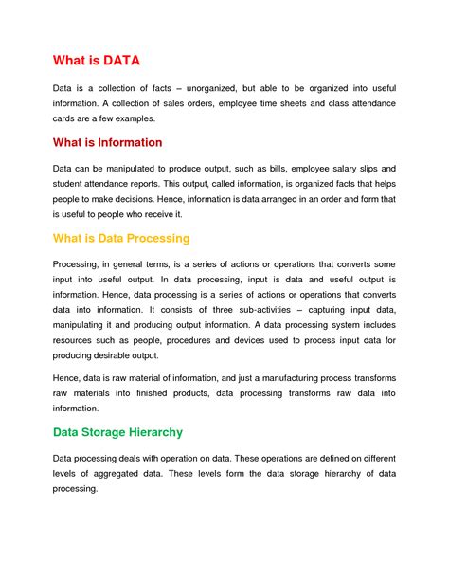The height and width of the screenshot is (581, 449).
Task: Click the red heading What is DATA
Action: [96, 61]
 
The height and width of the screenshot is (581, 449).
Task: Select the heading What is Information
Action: [107, 143]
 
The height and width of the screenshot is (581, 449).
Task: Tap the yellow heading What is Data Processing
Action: [121, 238]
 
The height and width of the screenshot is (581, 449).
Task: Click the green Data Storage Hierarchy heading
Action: [117, 432]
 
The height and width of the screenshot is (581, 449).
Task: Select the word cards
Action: [66, 119]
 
